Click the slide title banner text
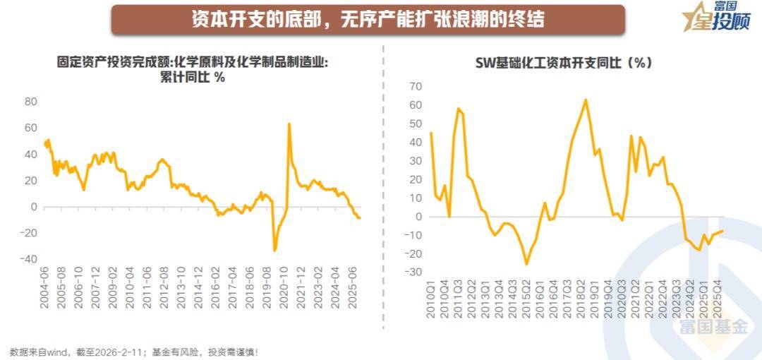[368, 19]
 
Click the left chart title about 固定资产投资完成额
[193, 70]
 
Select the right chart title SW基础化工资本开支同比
[564, 62]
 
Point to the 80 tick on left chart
[30, 102]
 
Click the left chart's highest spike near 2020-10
[289, 124]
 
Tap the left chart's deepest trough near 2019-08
[274, 250]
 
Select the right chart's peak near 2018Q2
[586, 100]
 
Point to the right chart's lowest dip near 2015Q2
[526, 264]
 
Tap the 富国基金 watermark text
[712, 327]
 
